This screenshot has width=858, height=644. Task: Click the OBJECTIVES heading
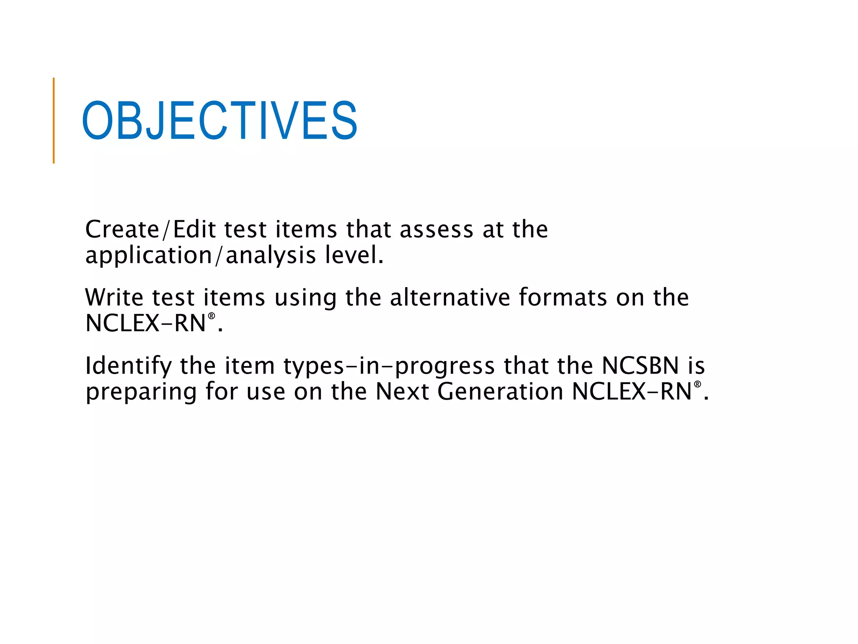220,121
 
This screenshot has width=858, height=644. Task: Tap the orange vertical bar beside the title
54,121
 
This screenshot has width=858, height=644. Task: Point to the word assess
436,230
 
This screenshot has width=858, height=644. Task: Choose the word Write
114,298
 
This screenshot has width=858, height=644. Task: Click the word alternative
450,298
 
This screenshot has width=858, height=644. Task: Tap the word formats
563,298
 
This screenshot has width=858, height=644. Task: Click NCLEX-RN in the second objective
145,324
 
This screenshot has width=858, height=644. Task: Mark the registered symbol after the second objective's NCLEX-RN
212,316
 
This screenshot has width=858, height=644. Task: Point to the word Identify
128,366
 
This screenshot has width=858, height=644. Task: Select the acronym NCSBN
640,366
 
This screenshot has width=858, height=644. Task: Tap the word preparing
141,392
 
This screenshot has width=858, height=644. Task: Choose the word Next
402,392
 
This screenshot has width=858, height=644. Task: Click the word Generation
500,392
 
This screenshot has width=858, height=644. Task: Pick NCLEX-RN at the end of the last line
631,392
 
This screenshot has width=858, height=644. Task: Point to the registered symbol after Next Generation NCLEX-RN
697,384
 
